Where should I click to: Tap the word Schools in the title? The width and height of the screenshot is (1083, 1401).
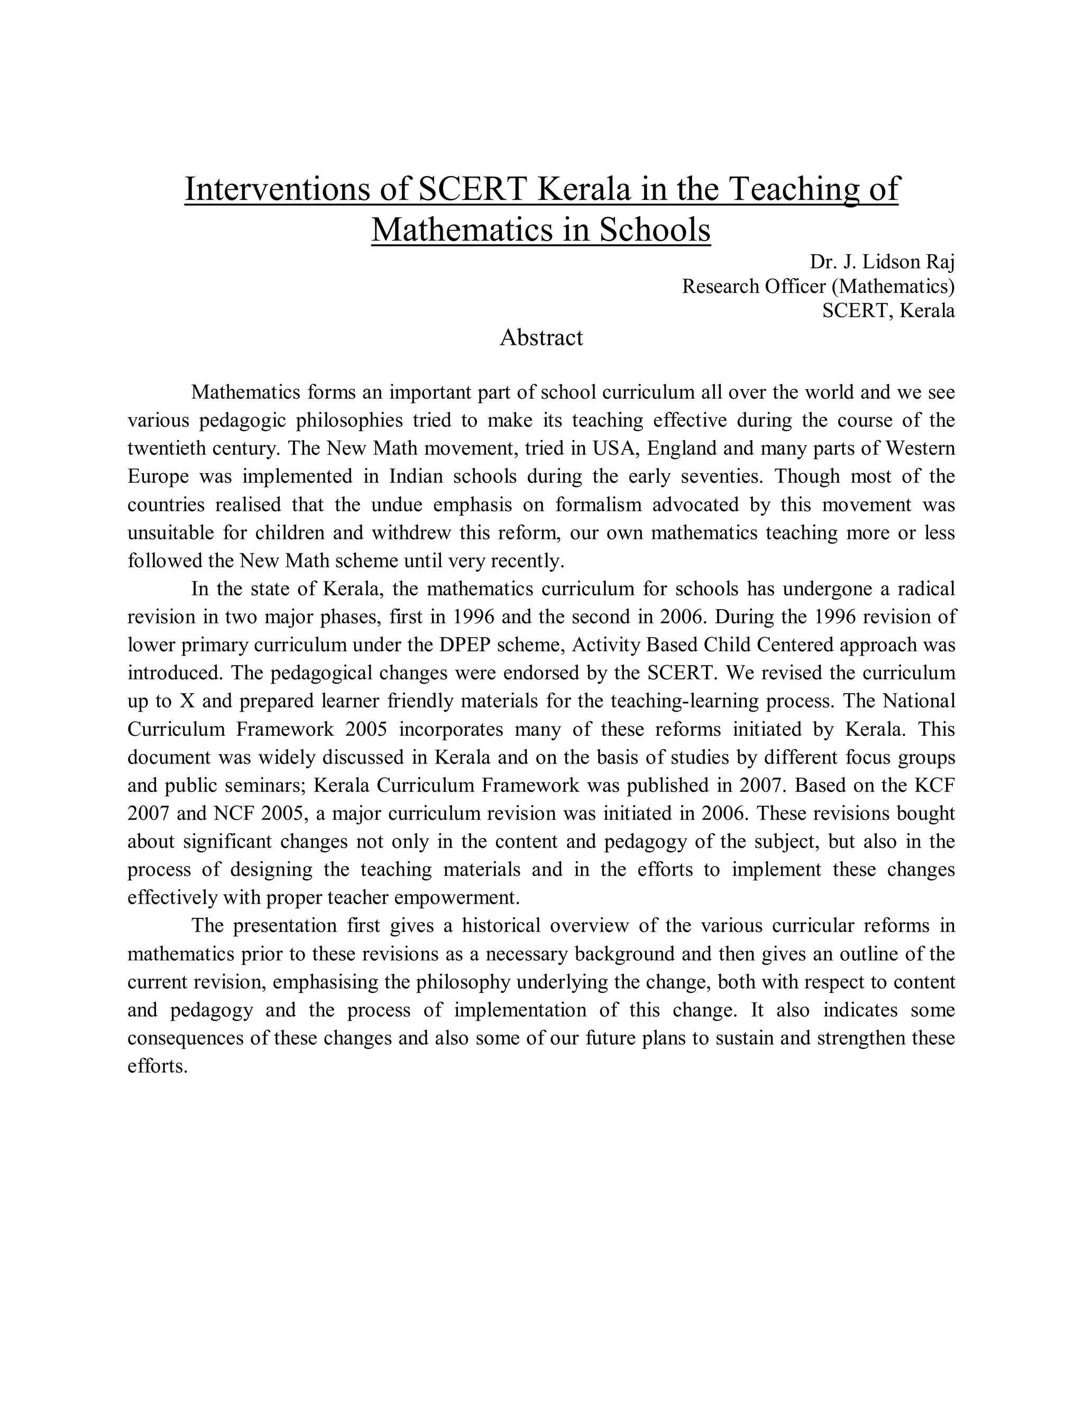(655, 229)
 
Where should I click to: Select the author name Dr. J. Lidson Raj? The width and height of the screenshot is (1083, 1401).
(882, 262)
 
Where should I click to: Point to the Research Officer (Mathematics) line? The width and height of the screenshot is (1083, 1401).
(818, 286)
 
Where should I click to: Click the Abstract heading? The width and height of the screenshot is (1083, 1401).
(541, 337)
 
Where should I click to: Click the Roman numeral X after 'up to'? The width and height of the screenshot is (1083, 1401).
(187, 701)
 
